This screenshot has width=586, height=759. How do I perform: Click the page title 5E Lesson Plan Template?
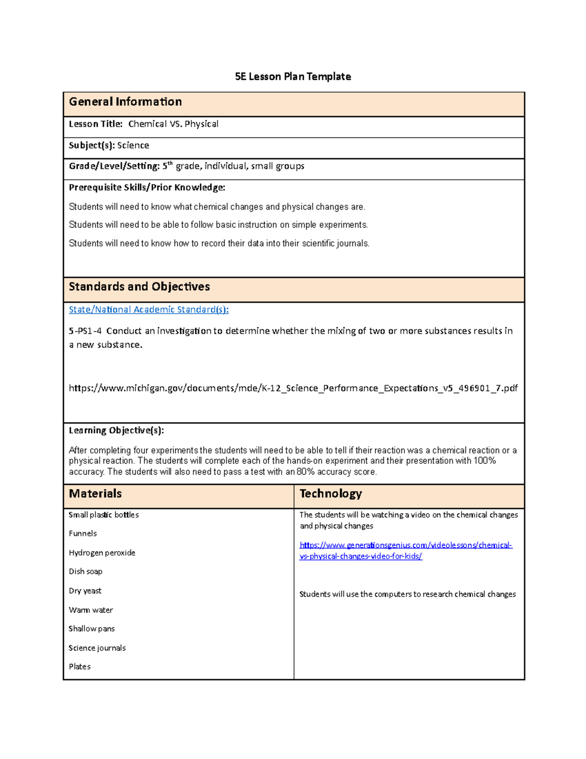293,77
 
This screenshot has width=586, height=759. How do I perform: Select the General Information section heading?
125,102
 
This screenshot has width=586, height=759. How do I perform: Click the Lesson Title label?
96,124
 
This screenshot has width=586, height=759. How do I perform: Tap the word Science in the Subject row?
133,146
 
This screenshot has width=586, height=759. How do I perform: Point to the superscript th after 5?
170,164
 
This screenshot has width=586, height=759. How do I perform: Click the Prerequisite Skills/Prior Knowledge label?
147,188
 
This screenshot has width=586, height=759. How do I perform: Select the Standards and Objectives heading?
139,287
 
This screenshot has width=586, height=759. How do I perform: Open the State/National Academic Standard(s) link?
148,310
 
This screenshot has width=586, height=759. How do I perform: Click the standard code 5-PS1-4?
85,331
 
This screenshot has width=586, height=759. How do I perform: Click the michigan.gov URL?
293,389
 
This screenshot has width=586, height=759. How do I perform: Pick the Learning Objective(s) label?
116,431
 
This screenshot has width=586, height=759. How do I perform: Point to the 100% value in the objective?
484,461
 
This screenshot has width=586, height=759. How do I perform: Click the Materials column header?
95,494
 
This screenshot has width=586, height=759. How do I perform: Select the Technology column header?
331,494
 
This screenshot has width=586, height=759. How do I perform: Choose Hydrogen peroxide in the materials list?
102,553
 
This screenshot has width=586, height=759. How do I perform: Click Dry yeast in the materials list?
85,591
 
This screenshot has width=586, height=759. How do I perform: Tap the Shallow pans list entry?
92,629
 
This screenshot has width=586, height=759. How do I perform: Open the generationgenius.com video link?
405,545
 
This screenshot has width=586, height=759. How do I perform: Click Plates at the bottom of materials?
80,667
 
